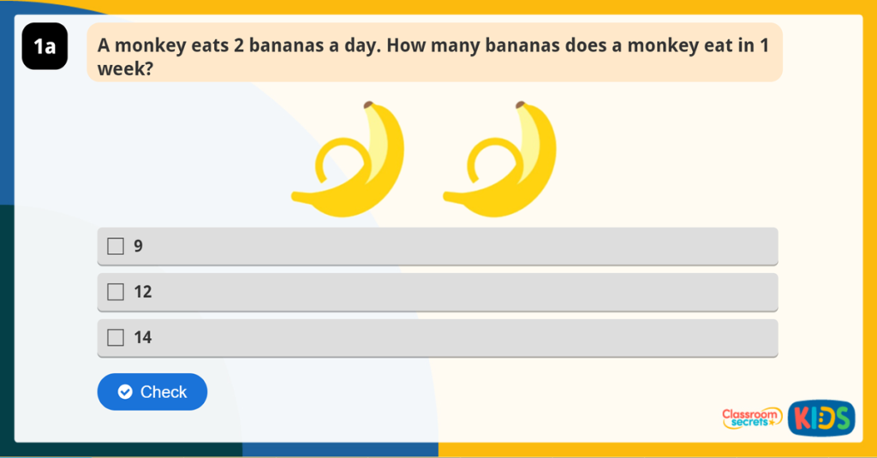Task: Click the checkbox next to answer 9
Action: [116, 247]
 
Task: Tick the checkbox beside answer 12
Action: [116, 292]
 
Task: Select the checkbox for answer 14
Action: [116, 337]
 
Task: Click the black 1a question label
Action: [45, 46]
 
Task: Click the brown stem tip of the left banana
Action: [368, 104]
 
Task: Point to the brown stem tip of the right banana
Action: [520, 104]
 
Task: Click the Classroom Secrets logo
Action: [751, 418]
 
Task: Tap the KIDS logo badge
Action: [820, 418]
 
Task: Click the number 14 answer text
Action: [143, 337]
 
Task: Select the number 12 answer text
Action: [143, 292]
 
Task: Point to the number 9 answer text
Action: [138, 247]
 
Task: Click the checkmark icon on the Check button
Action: [125, 392]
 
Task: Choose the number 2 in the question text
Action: [239, 46]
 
